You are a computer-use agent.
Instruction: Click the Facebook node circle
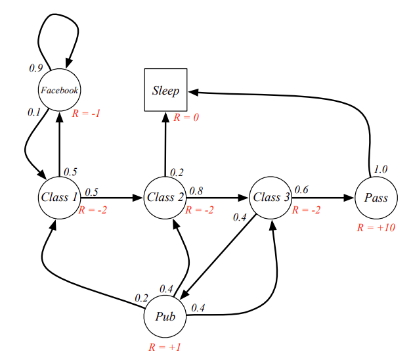[x=60, y=90]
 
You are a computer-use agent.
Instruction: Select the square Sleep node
[x=165, y=90]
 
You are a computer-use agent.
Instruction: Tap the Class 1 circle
[x=59, y=197]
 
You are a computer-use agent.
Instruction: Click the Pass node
[x=376, y=197]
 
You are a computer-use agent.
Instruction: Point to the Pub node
[x=165, y=315]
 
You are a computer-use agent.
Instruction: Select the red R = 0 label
[x=187, y=118]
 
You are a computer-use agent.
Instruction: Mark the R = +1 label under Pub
[x=165, y=347]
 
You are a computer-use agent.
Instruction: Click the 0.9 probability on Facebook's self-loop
[x=36, y=67]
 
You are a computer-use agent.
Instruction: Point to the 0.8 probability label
[x=196, y=191]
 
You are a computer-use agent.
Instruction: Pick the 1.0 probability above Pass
[x=380, y=169]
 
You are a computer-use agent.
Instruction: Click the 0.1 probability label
[x=34, y=112]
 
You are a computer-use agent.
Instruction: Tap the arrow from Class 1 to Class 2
[x=112, y=197]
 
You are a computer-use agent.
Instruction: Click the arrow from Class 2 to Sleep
[x=165, y=145]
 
